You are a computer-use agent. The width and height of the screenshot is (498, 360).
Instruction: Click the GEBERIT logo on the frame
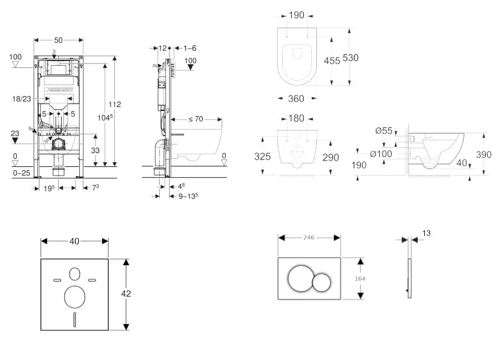(59, 90)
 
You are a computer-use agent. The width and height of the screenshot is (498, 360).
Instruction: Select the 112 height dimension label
(115, 104)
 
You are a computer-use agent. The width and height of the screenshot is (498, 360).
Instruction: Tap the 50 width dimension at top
(58, 40)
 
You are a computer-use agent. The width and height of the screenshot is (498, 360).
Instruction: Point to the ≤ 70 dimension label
(196, 119)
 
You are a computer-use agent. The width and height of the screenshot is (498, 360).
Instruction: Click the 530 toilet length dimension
(351, 58)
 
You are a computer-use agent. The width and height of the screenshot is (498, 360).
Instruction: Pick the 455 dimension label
(332, 60)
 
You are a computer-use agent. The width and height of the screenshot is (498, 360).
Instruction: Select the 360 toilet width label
(296, 99)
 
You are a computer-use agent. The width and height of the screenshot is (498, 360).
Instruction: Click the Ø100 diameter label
(381, 153)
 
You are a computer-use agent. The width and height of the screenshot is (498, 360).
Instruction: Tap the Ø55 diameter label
(384, 131)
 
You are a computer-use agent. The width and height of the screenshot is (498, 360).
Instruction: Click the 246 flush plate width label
(309, 237)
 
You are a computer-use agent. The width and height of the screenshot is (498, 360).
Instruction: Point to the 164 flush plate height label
(359, 278)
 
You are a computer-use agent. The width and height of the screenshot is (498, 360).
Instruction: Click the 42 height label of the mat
(126, 294)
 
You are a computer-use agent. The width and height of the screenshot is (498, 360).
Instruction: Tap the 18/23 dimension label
(22, 99)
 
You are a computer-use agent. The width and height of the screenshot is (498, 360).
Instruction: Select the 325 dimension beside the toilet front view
(263, 156)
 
